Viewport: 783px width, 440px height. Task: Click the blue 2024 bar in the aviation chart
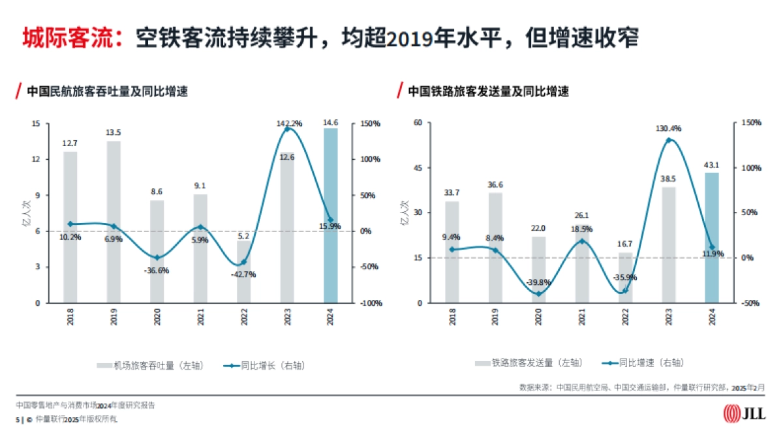pos(331,215)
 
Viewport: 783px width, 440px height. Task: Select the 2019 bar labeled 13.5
pos(114,222)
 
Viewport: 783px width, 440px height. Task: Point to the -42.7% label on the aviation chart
pos(243,274)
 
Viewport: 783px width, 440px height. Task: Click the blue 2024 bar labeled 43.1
pos(712,237)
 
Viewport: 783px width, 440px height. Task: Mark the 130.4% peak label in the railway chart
pos(669,128)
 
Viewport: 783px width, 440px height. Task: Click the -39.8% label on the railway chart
pos(538,282)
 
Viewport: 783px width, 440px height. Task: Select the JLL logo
pos(745,413)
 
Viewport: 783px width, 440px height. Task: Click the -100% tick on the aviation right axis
pos(371,303)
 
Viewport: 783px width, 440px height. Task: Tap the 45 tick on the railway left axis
pos(418,168)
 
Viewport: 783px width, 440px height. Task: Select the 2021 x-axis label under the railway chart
pos(582,317)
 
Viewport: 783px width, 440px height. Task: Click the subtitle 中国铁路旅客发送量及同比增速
pos(488,91)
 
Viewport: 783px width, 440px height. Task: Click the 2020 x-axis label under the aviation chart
pos(157,317)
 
